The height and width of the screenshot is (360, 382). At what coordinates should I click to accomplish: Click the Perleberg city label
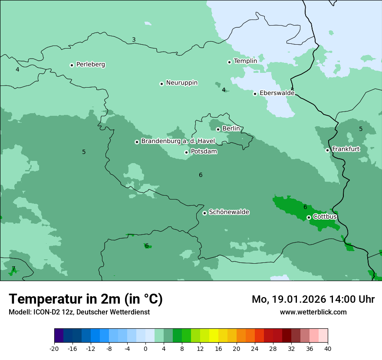pos(90,65)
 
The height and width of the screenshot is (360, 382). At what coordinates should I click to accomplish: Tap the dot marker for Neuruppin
pos(161,84)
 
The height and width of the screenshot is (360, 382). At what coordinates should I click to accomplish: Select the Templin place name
pos(245,61)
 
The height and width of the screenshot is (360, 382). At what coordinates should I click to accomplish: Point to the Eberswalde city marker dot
pos(255,94)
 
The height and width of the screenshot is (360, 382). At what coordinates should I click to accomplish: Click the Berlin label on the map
pos(231,129)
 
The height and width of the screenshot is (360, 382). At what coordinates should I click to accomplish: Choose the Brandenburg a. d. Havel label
pos(178,141)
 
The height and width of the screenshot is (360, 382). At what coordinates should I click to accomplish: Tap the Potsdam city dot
pos(186,152)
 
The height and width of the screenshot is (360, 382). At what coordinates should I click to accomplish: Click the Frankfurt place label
pos(346,149)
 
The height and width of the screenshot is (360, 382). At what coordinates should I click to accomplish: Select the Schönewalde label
pos(229,212)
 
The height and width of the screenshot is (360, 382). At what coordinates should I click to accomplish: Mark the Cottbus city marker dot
pos(309,217)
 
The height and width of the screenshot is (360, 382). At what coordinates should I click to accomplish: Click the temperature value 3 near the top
pos(134,40)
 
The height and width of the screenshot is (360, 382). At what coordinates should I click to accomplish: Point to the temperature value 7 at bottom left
pos(13,268)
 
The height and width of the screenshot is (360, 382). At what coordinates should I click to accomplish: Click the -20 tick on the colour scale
pos(54,349)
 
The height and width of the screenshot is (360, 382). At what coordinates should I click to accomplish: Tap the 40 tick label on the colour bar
pos(328,349)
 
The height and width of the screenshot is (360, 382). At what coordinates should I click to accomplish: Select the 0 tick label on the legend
pos(145,349)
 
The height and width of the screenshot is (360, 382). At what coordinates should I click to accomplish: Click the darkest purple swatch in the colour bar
pos(59,336)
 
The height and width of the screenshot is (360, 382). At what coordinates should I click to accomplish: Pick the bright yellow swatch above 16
pos(214,336)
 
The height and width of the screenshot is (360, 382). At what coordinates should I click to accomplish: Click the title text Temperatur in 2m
pos(86,299)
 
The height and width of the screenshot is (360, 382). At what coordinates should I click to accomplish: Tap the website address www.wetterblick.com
pos(313,312)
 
